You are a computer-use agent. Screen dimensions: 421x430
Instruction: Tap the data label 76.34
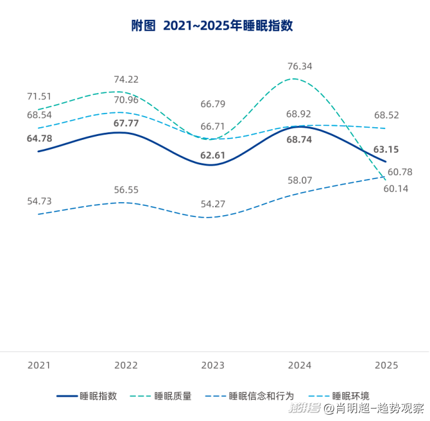pyautogui.click(x=300, y=66)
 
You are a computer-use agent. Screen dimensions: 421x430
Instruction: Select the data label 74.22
pyautogui.click(x=126, y=79)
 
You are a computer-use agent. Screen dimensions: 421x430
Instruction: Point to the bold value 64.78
pyautogui.click(x=39, y=138)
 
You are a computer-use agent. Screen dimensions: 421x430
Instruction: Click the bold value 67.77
pyautogui.click(x=126, y=123)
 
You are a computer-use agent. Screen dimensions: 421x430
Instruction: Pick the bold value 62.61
pyautogui.click(x=213, y=155)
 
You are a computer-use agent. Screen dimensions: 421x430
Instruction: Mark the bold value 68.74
pyautogui.click(x=299, y=140)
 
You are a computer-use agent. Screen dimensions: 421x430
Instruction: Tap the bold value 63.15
pyautogui.click(x=386, y=149)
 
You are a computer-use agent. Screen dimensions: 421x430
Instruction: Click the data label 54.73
pyautogui.click(x=39, y=201)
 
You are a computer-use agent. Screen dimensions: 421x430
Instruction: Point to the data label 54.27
pyautogui.click(x=213, y=203)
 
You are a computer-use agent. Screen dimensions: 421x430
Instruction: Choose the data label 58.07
pyautogui.click(x=299, y=180)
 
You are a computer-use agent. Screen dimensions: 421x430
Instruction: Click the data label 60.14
pyautogui.click(x=396, y=188)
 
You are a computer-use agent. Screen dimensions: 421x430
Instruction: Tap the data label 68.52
pyautogui.click(x=386, y=115)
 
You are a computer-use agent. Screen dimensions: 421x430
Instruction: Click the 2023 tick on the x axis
pyautogui.click(x=213, y=365)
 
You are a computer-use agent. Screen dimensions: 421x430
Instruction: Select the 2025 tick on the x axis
pyautogui.click(x=386, y=365)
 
